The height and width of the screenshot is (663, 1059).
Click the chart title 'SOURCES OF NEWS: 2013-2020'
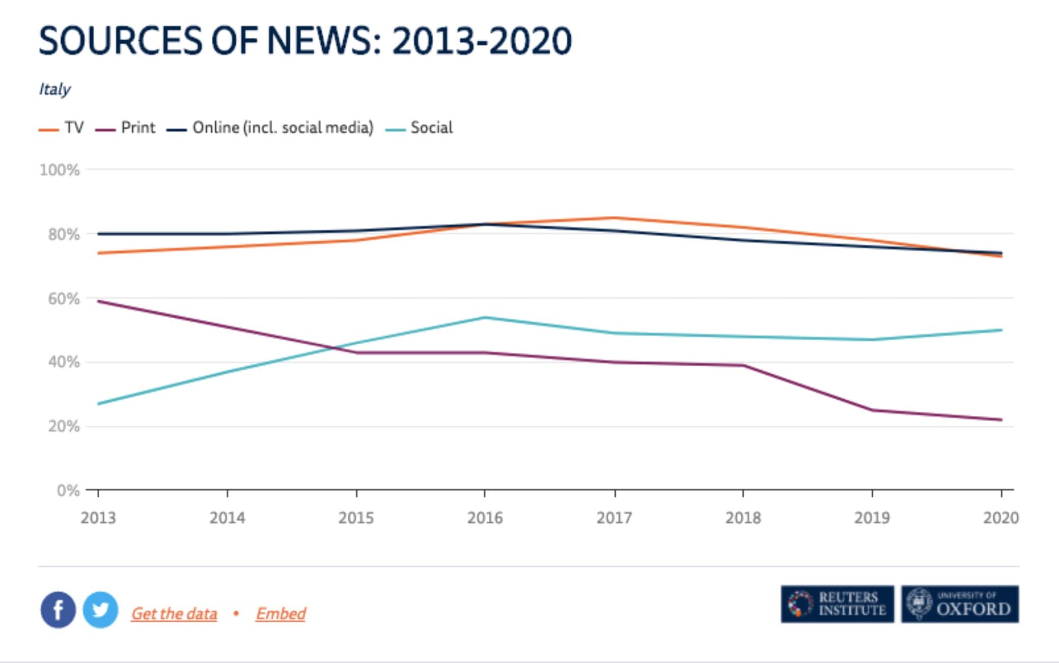click(x=305, y=41)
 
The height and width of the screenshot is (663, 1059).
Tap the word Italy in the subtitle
click(x=54, y=90)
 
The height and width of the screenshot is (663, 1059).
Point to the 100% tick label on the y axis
click(x=60, y=170)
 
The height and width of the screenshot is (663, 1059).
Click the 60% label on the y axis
click(x=64, y=299)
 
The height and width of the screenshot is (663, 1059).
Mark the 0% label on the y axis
click(x=68, y=491)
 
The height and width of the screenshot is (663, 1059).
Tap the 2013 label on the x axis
click(x=98, y=518)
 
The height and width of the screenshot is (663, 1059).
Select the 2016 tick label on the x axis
click(x=485, y=518)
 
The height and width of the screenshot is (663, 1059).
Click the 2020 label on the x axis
click(x=1000, y=518)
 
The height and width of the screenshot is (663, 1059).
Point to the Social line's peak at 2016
click(x=485, y=318)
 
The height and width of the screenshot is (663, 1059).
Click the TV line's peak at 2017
click(x=615, y=218)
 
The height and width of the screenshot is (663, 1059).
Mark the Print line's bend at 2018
click(x=743, y=365)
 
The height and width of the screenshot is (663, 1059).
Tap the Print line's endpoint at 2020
click(x=1001, y=420)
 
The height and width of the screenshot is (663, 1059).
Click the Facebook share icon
click(x=58, y=610)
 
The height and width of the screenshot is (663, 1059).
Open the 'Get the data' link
click(x=174, y=614)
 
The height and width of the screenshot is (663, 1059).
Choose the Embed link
click(x=281, y=614)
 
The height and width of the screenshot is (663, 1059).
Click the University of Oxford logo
click(x=960, y=604)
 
